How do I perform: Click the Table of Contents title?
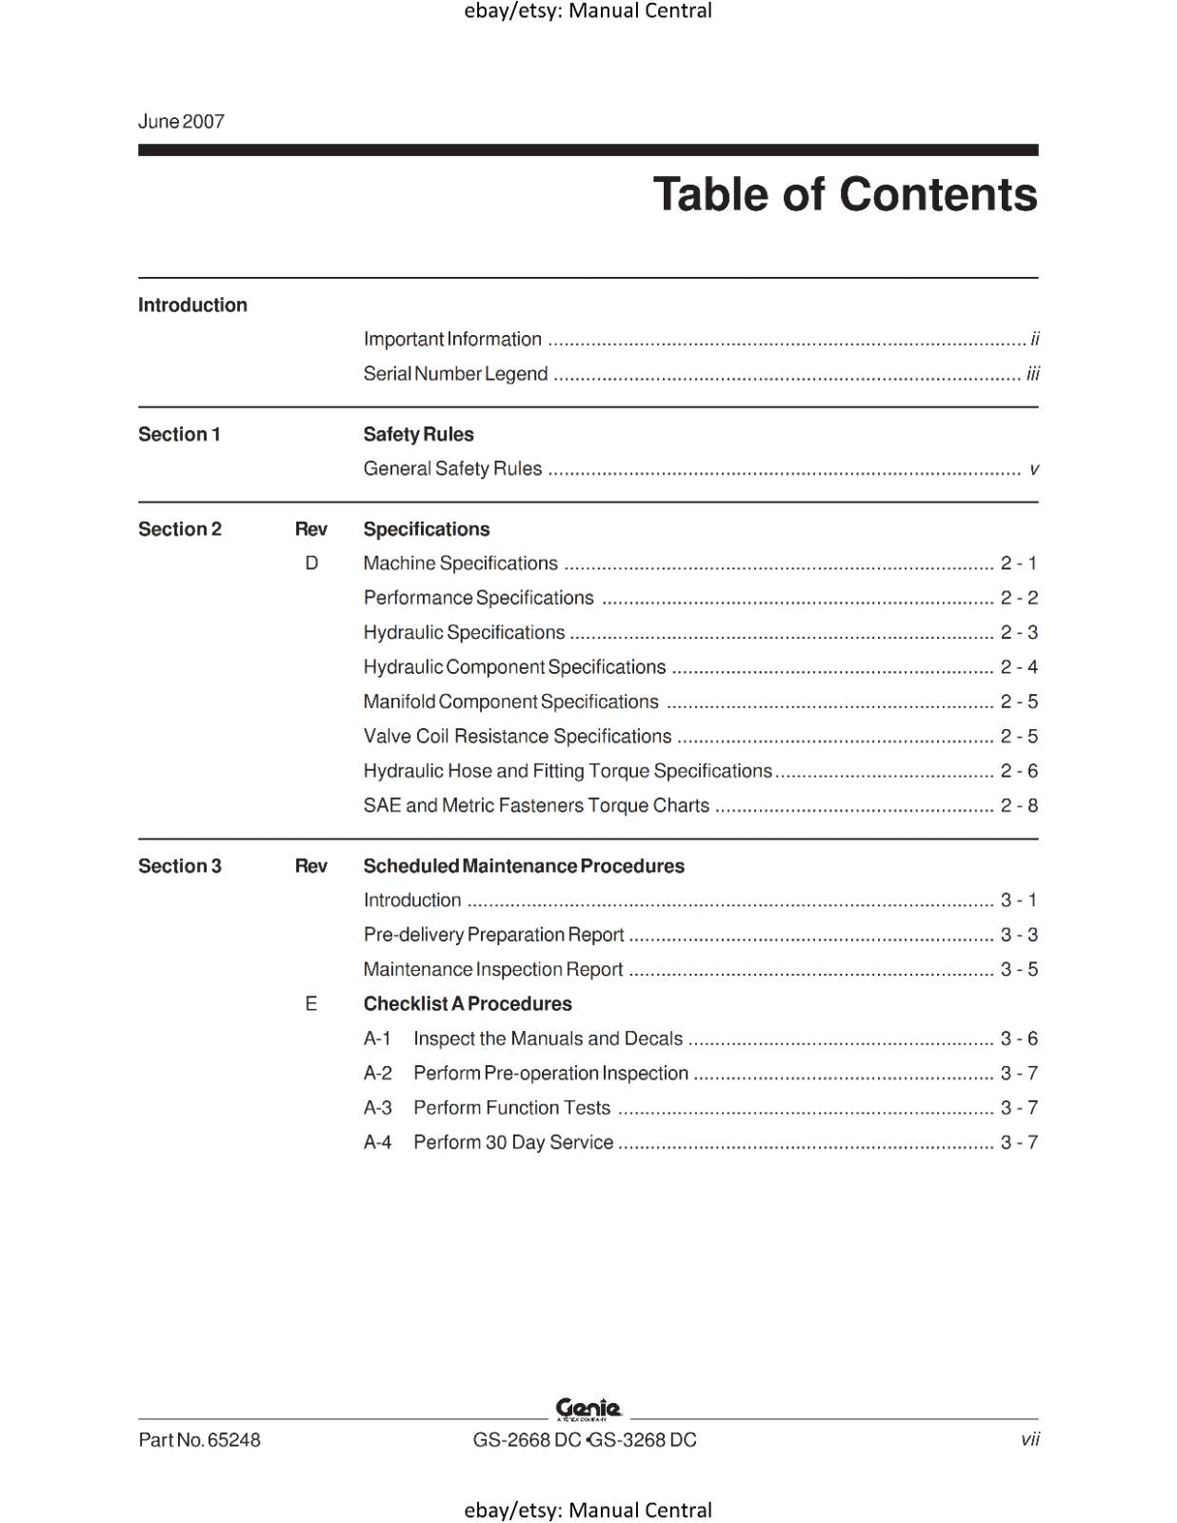click(x=845, y=195)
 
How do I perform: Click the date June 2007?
click(x=181, y=122)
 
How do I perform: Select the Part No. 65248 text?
click(x=199, y=1440)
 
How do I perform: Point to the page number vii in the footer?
click(x=1029, y=1439)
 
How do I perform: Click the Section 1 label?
click(x=179, y=435)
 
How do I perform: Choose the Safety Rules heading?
click(x=418, y=435)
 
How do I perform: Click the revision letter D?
click(x=311, y=564)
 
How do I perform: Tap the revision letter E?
click(x=311, y=1004)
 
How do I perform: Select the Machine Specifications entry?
click(x=460, y=564)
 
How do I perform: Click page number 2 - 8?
click(x=1019, y=806)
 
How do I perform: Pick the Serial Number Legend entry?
click(x=455, y=374)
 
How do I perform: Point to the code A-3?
click(x=378, y=1108)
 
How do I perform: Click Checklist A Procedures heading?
click(x=468, y=1004)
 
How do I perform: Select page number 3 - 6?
click(x=1019, y=1038)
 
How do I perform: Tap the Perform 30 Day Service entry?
click(x=512, y=1142)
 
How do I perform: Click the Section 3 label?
click(x=180, y=866)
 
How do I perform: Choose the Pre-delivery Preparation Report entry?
click(x=493, y=935)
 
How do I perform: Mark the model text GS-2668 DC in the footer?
click(x=527, y=1440)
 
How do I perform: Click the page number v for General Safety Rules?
click(x=1033, y=469)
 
